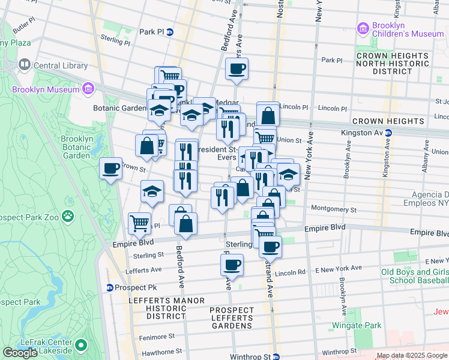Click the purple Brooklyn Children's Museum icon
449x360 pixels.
362,28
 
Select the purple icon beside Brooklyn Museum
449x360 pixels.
88,90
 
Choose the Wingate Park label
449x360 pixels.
364,326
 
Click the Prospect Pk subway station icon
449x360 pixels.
110,271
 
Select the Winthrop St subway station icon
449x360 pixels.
276,357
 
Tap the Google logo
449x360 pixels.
20,353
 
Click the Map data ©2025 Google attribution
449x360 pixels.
412,356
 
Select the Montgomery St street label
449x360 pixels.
334,210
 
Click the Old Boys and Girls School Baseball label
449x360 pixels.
415,276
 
